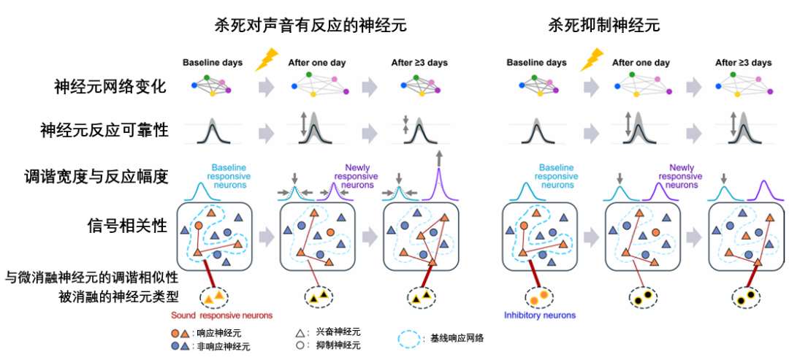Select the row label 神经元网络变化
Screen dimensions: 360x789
tap(110, 87)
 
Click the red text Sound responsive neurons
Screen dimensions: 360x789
tap(221, 315)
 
